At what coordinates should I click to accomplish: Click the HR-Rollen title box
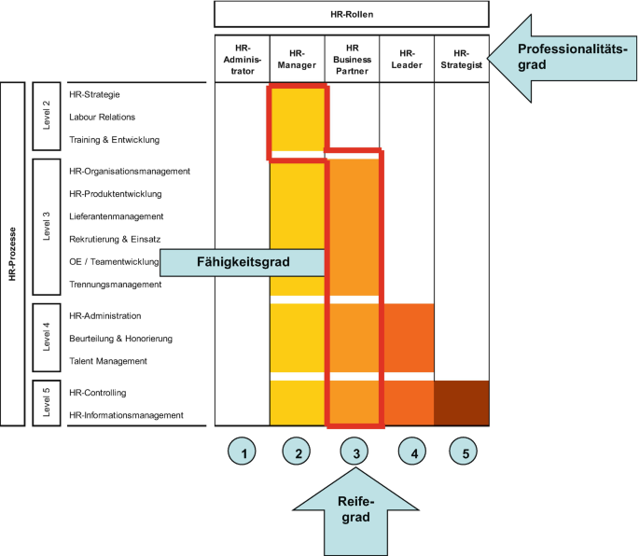352,13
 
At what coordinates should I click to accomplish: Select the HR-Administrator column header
242,59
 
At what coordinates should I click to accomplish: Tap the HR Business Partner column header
352,59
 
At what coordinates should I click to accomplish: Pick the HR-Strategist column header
462,59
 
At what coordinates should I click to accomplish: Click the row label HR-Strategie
95,94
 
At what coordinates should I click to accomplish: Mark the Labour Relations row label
102,117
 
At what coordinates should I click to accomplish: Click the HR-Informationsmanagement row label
126,415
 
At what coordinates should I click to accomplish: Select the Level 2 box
47,117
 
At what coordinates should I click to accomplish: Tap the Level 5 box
47,403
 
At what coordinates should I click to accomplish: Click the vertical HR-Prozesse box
12,254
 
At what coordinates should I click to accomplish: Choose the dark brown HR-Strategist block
462,403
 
